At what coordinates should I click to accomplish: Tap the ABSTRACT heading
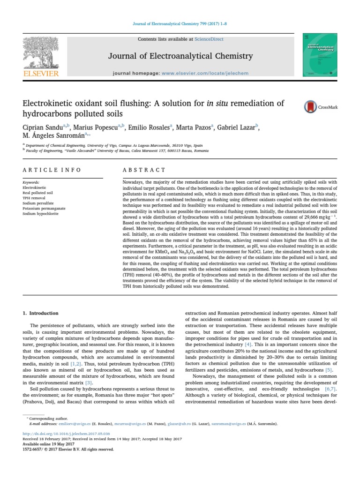point(144,170)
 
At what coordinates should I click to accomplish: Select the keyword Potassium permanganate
point(44,208)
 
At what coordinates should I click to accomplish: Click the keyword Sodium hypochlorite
point(41,213)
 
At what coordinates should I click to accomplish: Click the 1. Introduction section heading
point(41,313)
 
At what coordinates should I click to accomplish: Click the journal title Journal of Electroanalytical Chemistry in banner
point(180,56)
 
